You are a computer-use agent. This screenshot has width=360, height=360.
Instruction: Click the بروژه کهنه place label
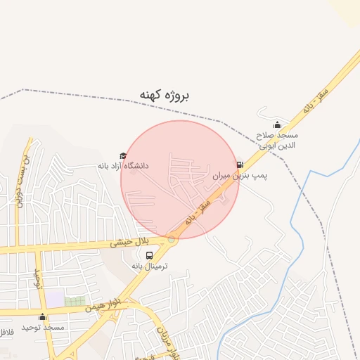click(x=165, y=95)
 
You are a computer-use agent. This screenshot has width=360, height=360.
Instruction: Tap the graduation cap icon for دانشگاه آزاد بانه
click(x=123, y=156)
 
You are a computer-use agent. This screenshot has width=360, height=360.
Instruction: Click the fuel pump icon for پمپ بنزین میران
click(x=240, y=165)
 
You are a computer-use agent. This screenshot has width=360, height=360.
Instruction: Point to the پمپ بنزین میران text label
click(x=240, y=176)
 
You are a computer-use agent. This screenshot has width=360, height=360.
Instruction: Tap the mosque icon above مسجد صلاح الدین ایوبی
click(x=277, y=125)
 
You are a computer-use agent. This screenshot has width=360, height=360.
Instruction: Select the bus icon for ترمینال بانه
click(x=148, y=256)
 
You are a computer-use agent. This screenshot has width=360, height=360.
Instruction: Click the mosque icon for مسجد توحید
click(x=42, y=317)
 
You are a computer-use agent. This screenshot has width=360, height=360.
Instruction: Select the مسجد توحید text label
click(x=42, y=328)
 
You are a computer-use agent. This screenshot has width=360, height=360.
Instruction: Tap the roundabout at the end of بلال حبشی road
click(x=172, y=239)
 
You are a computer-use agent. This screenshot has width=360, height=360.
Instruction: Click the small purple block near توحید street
click(x=55, y=298)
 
